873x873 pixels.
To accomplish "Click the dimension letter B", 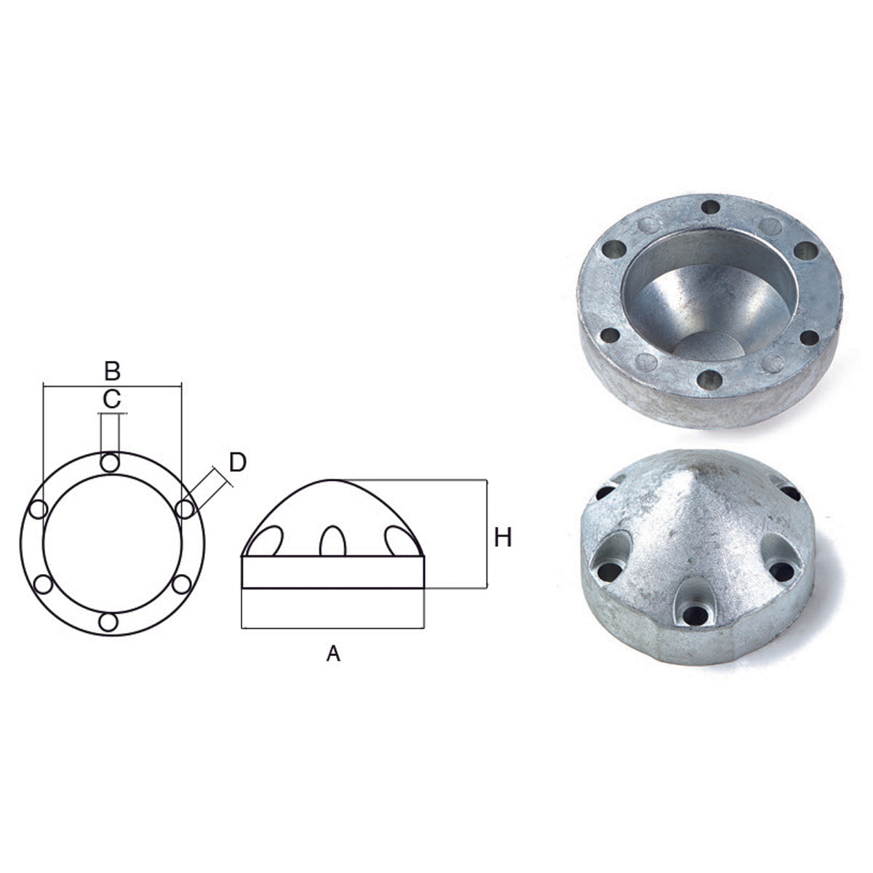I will click(111, 371).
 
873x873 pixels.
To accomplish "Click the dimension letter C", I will click(111, 399).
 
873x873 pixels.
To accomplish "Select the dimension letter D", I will click(238, 461).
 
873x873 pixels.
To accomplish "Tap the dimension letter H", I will click(503, 538).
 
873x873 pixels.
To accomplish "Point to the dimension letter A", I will click(332, 654).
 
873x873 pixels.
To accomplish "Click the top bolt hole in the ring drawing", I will click(110, 463).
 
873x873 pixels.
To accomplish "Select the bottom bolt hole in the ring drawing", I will click(108, 622).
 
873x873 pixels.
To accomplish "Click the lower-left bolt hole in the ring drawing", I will click(44, 583).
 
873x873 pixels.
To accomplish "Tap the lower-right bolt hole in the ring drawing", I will click(182, 583).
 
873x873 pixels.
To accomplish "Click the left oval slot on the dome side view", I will click(270, 541).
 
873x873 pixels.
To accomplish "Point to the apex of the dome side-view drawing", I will click(332, 480).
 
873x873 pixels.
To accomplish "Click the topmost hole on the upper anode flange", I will click(710, 207).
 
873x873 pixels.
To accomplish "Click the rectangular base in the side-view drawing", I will click(332, 572).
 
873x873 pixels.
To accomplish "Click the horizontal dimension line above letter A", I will click(332, 627).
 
